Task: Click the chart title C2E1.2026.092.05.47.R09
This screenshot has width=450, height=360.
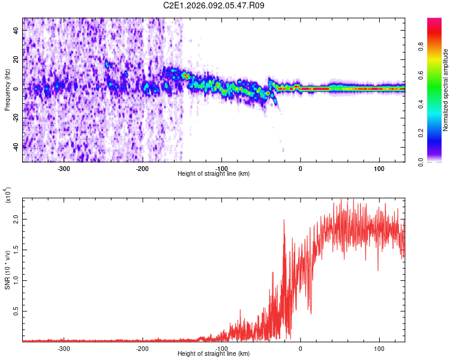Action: tap(214, 5)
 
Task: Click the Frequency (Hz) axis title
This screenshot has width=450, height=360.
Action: tap(7, 90)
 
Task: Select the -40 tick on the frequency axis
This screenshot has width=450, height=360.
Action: tap(16, 146)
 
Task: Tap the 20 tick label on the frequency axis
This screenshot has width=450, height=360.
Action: tap(16, 59)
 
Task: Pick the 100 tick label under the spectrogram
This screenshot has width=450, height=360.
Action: tap(379, 169)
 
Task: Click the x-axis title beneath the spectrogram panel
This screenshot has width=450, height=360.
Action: tap(214, 174)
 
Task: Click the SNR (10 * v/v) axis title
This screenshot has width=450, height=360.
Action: tap(7, 270)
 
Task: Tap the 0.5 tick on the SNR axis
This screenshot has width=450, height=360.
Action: tap(16, 312)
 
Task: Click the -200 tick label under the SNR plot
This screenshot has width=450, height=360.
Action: tap(143, 349)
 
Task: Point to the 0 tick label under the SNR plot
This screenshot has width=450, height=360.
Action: tap(301, 349)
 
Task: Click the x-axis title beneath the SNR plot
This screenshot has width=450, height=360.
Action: tap(214, 354)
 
